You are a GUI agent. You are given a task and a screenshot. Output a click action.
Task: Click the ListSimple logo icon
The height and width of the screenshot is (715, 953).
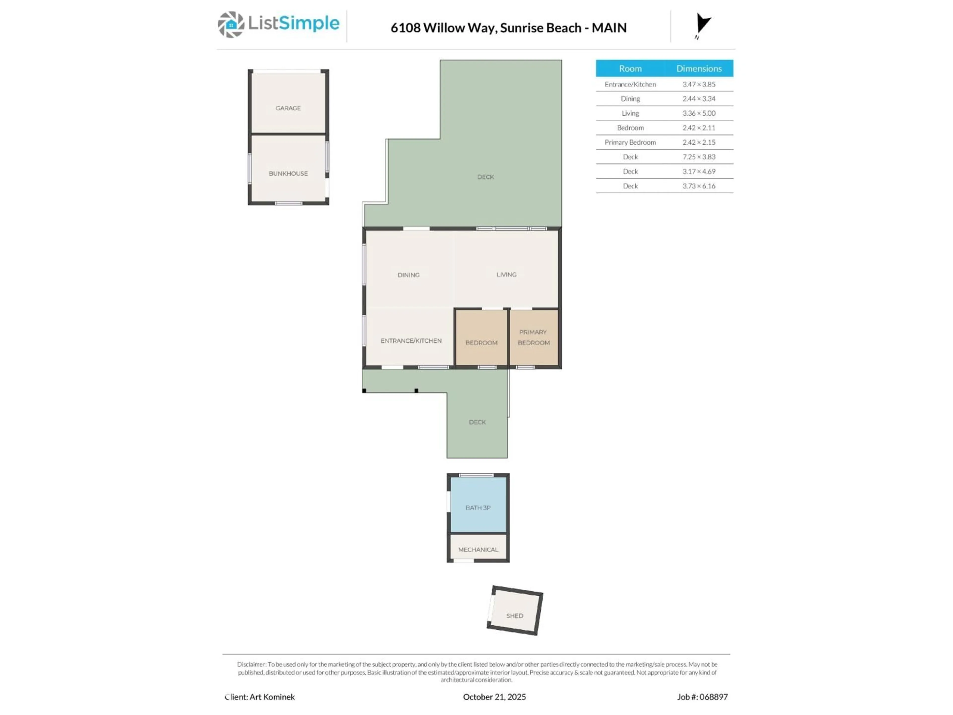(x=231, y=25)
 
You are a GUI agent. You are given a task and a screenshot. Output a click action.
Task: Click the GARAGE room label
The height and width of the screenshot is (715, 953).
(x=288, y=108)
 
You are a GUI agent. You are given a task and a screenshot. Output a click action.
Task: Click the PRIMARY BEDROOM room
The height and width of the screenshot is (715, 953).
(x=533, y=337)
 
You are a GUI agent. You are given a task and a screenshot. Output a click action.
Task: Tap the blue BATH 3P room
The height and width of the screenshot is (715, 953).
(x=478, y=508)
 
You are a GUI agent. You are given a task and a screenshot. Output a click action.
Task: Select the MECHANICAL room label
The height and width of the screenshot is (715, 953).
(x=478, y=549)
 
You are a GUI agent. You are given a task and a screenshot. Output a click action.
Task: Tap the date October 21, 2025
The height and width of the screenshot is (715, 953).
(x=494, y=697)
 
